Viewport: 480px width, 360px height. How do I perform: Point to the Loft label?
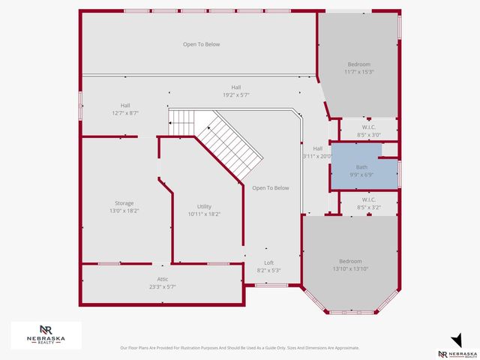[269, 265]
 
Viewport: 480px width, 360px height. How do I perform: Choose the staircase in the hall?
[225, 142]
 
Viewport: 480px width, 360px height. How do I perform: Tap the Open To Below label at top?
[202, 44]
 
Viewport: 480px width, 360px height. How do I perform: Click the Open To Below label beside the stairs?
[271, 187]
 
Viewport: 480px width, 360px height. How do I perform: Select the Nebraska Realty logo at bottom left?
[46, 334]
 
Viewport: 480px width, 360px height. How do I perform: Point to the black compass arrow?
[455, 339]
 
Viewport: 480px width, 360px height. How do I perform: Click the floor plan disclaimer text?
[240, 348]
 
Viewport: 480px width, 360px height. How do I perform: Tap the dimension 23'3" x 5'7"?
[163, 286]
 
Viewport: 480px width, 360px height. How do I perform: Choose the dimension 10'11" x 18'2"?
[204, 214]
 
